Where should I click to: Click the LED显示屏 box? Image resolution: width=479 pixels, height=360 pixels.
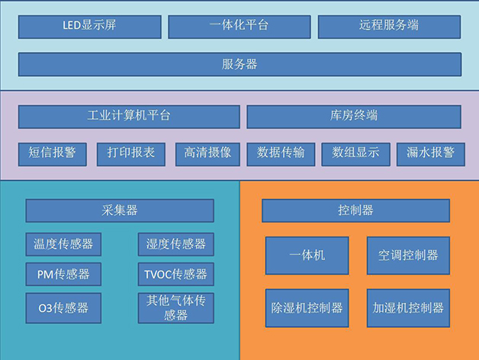(89, 26)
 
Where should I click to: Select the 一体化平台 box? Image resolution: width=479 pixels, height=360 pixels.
(239, 26)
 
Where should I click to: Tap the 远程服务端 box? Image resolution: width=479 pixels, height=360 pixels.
(389, 26)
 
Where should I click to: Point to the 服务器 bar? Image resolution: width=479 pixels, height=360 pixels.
(239, 64)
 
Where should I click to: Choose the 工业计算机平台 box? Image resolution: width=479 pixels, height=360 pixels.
(129, 117)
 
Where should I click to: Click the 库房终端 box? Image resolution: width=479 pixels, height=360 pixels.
(353, 117)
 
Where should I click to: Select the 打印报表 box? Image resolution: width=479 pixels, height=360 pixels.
(131, 153)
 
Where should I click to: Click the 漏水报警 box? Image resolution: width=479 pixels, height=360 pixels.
(430, 153)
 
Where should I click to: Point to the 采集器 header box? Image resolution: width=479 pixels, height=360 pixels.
(120, 211)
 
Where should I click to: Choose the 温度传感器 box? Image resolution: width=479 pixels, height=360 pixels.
(63, 244)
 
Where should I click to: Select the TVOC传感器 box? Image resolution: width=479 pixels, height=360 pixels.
(175, 274)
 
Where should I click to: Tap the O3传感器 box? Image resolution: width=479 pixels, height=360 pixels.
(63, 307)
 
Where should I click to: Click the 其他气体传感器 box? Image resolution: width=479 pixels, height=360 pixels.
(175, 307)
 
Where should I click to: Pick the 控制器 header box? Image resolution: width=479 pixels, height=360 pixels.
(355, 211)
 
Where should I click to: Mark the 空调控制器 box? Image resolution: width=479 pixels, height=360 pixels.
(408, 256)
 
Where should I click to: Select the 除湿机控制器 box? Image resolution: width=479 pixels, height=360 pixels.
(307, 308)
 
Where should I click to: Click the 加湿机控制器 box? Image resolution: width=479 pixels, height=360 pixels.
(408, 308)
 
